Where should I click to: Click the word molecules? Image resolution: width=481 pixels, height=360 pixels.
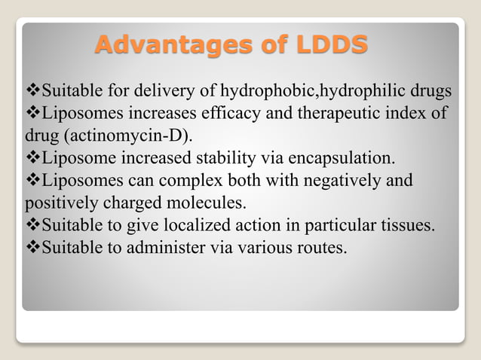213,204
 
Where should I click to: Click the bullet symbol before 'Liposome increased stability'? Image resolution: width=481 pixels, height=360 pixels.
33,160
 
